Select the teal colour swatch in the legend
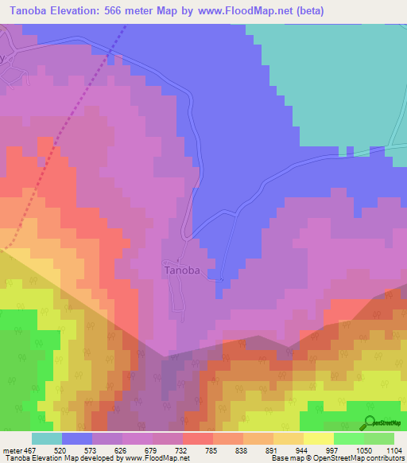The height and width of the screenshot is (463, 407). [x=47, y=439]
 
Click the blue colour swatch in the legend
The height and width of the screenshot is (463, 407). [x=77, y=439]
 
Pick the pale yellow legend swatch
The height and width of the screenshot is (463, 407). [x=319, y=439]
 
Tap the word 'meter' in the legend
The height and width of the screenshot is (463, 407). [x=12, y=451]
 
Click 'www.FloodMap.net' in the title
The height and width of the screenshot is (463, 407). [x=249, y=10]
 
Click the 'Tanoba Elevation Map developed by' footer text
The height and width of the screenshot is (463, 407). [x=62, y=458]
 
